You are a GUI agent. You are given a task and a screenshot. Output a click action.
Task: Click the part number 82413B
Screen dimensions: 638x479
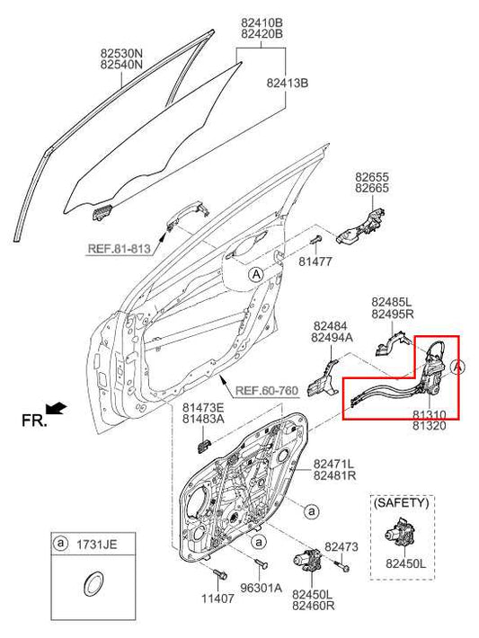tap(287, 83)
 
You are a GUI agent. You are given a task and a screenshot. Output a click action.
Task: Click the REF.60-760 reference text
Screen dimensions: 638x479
tap(267, 391)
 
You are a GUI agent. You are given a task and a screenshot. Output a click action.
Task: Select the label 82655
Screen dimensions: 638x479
tap(372, 177)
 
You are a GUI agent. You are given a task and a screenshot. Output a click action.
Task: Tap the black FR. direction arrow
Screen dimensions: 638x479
tap(57, 409)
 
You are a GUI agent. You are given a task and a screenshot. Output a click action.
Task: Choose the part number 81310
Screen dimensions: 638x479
tap(429, 415)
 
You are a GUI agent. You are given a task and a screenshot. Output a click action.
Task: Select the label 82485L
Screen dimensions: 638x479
tap(392, 302)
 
